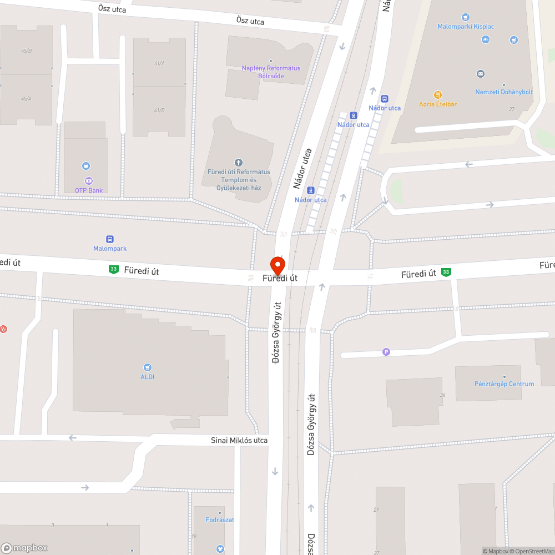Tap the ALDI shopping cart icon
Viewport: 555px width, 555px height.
[147, 367]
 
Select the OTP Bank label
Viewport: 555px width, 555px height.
[89, 190]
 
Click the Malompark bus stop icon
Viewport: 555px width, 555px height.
[110, 239]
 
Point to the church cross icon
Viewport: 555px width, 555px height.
[239, 163]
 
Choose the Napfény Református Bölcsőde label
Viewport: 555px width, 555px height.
[271, 72]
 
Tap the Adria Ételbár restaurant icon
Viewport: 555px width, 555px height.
[438, 95]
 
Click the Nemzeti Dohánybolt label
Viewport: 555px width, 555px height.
[504, 92]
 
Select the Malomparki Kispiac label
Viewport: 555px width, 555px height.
[466, 27]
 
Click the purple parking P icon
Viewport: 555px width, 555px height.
[386, 351]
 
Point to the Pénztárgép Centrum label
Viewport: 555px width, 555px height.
[504, 384]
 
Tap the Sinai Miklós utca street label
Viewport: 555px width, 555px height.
[239, 441]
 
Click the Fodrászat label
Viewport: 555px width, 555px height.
[220, 520]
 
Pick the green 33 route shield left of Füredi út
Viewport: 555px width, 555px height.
[113, 269]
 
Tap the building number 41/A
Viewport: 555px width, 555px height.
[159, 63]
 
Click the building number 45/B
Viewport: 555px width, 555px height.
[26, 51]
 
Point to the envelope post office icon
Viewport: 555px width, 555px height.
[481, 73]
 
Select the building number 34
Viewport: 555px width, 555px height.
[442, 395]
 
